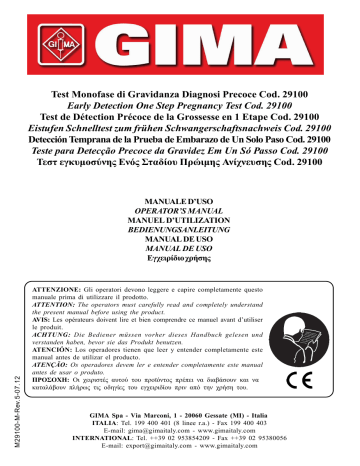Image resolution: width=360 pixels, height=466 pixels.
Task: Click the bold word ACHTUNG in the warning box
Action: pos(66,335)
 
